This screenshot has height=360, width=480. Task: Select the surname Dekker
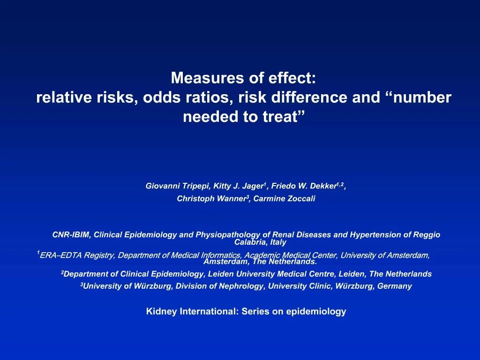coord(323,186)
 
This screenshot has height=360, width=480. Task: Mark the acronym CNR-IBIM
coord(72,235)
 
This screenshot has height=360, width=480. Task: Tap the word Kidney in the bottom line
coord(160,311)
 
